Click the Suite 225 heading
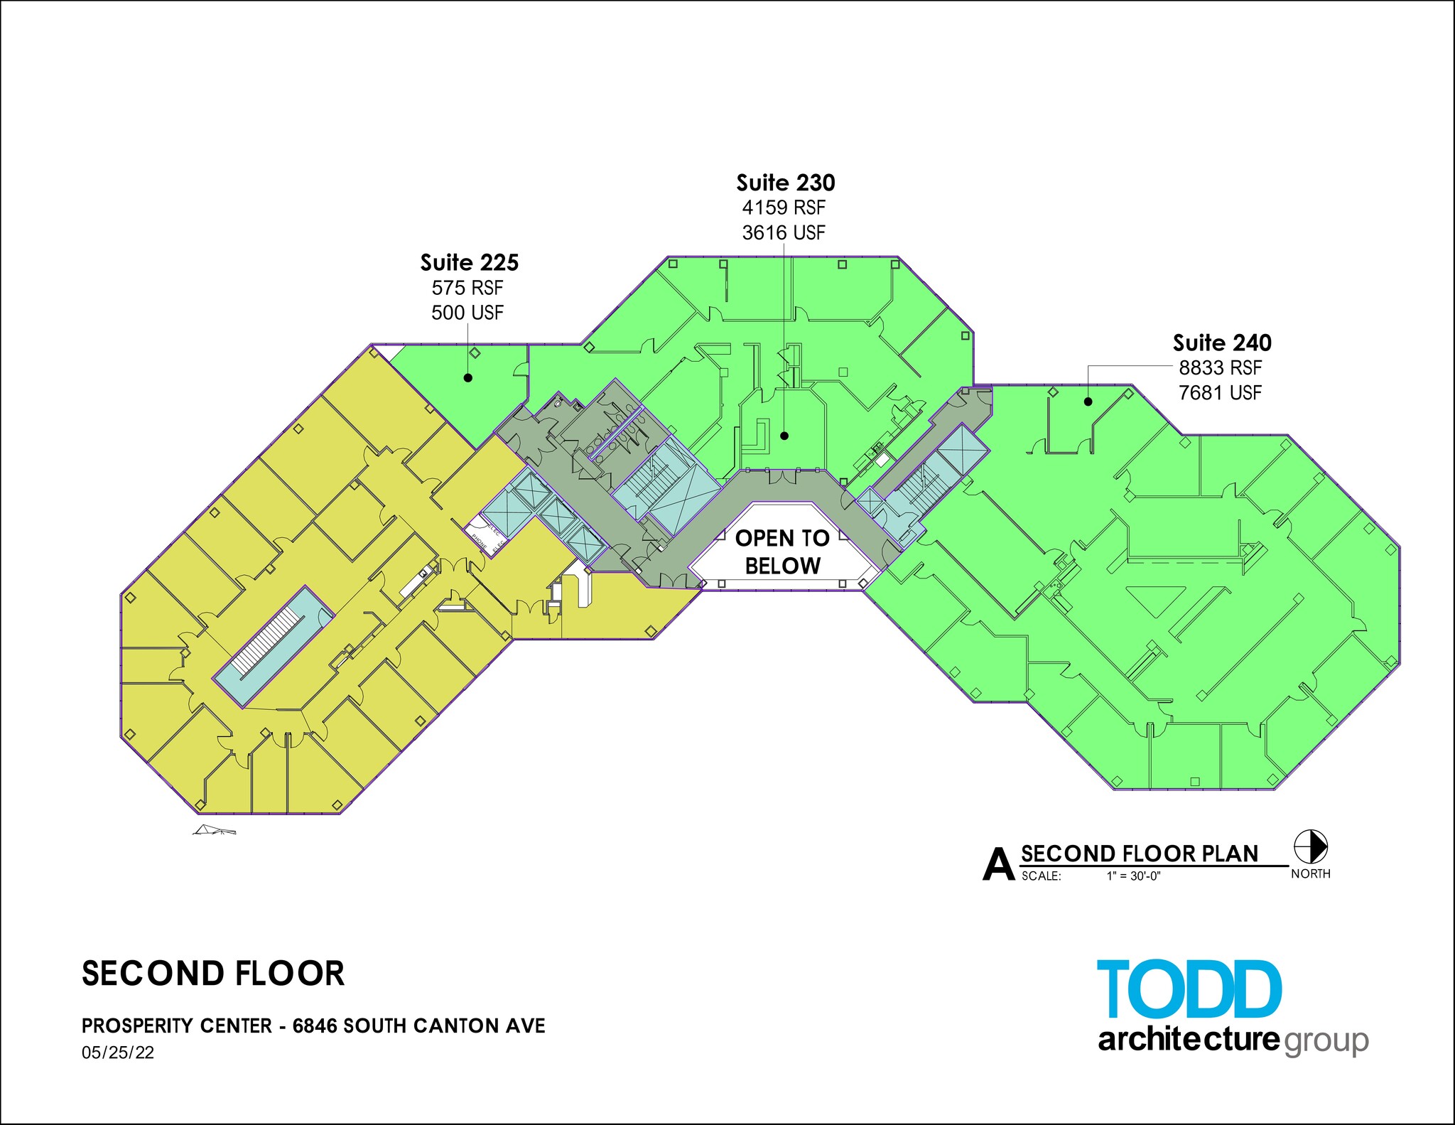(x=469, y=263)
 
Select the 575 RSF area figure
(x=467, y=288)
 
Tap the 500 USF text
(x=467, y=313)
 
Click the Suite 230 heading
(x=785, y=183)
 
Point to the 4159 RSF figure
(x=784, y=208)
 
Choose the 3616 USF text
(x=784, y=232)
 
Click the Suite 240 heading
(x=1222, y=343)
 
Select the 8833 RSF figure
(x=1221, y=368)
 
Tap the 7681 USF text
(x=1221, y=392)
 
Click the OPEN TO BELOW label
(x=782, y=552)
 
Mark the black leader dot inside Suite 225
(x=468, y=378)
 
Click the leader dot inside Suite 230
(x=784, y=436)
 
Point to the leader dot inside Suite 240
(x=1088, y=402)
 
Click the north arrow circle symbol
(x=1311, y=847)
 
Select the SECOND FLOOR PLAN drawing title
(x=1140, y=854)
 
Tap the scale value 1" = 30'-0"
(x=1133, y=876)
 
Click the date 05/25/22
(x=118, y=1053)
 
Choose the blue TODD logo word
(x=1189, y=989)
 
